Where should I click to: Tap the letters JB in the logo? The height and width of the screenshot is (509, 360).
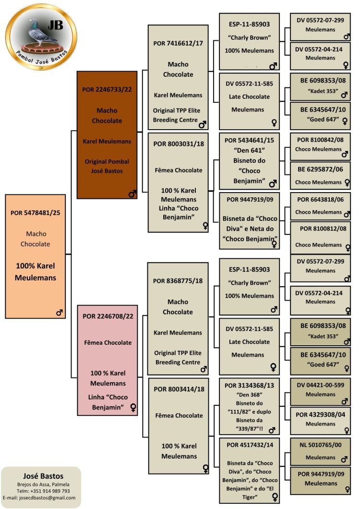(56, 25)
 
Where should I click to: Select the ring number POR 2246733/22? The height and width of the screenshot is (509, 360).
(107, 89)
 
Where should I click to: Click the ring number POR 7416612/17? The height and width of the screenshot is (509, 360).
(178, 43)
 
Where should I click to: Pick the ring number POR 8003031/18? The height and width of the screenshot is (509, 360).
(178, 144)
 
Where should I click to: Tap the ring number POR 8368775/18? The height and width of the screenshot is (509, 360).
(178, 281)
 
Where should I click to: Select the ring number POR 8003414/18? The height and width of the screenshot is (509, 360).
(178, 388)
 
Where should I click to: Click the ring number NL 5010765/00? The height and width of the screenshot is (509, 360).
(320, 445)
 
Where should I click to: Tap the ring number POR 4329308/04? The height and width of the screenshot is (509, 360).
(320, 414)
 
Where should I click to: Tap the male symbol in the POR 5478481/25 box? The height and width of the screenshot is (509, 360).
(60, 313)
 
